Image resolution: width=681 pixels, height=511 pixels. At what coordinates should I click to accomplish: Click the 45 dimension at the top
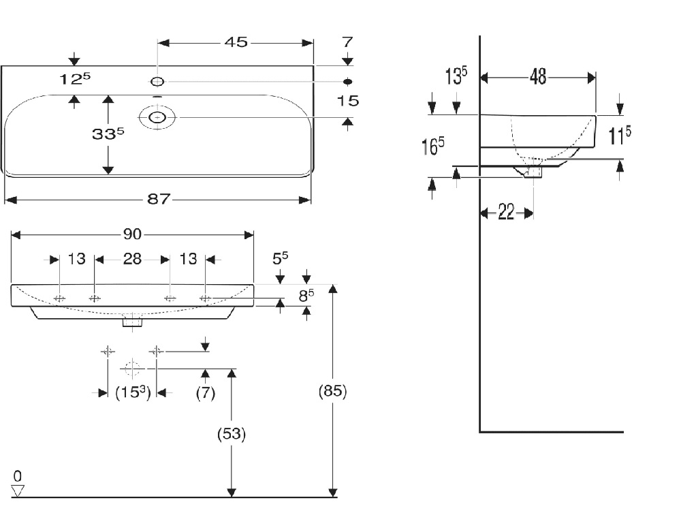click(x=236, y=42)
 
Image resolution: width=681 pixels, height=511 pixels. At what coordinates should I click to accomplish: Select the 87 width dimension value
click(x=158, y=199)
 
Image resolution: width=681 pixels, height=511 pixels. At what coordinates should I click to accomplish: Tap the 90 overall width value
click(x=132, y=234)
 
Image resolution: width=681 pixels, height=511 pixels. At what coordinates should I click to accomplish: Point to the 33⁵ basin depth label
click(x=108, y=134)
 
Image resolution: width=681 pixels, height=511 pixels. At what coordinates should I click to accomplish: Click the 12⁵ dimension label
click(x=74, y=80)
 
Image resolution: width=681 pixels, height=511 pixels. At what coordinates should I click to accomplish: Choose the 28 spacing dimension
click(x=132, y=259)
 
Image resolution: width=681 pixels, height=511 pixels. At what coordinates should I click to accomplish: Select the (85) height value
click(x=333, y=392)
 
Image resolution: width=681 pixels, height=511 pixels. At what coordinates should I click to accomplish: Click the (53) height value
click(x=232, y=433)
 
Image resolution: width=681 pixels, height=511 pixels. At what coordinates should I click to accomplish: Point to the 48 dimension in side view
click(x=538, y=77)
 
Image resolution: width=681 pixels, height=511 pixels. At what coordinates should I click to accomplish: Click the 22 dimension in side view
click(x=506, y=213)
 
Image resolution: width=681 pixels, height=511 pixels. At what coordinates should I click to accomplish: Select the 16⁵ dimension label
click(x=432, y=146)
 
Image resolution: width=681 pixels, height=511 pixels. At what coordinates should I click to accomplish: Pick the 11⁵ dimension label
click(x=619, y=135)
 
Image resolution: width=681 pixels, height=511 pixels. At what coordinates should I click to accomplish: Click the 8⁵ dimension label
click(x=306, y=296)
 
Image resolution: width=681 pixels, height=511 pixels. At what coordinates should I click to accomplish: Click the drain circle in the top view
click(x=157, y=118)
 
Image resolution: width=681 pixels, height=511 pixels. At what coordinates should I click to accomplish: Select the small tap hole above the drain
click(x=157, y=82)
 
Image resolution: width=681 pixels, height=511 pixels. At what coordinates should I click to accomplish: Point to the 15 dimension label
click(x=348, y=101)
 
